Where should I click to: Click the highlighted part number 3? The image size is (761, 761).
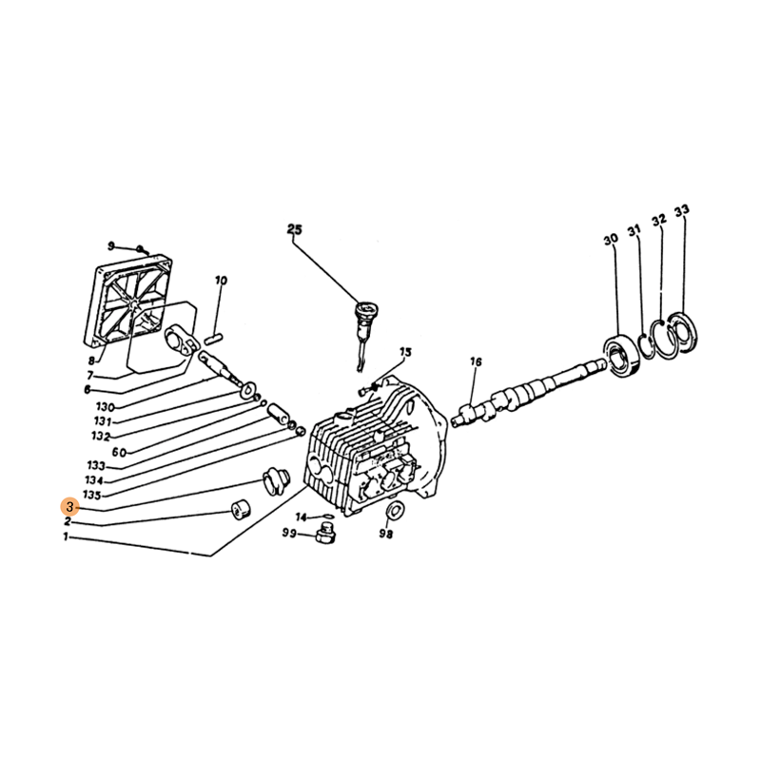click(69, 507)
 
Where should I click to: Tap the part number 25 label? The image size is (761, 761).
click(295, 229)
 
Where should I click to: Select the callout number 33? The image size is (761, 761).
click(681, 210)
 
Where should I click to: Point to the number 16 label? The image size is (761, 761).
click(476, 361)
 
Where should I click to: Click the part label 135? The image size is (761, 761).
click(91, 495)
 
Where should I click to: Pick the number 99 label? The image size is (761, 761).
click(290, 534)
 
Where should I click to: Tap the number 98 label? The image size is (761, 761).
click(386, 534)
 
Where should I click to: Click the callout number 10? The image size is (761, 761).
click(221, 281)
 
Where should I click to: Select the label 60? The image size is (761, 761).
click(119, 453)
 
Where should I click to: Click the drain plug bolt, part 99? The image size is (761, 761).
click(325, 534)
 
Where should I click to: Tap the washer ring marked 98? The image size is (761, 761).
click(394, 512)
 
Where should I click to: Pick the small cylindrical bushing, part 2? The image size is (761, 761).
click(240, 509)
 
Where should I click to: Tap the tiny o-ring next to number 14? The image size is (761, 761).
click(327, 517)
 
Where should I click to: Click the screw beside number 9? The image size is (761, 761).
click(142, 250)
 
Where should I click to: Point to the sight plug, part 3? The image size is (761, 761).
click(276, 481)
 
